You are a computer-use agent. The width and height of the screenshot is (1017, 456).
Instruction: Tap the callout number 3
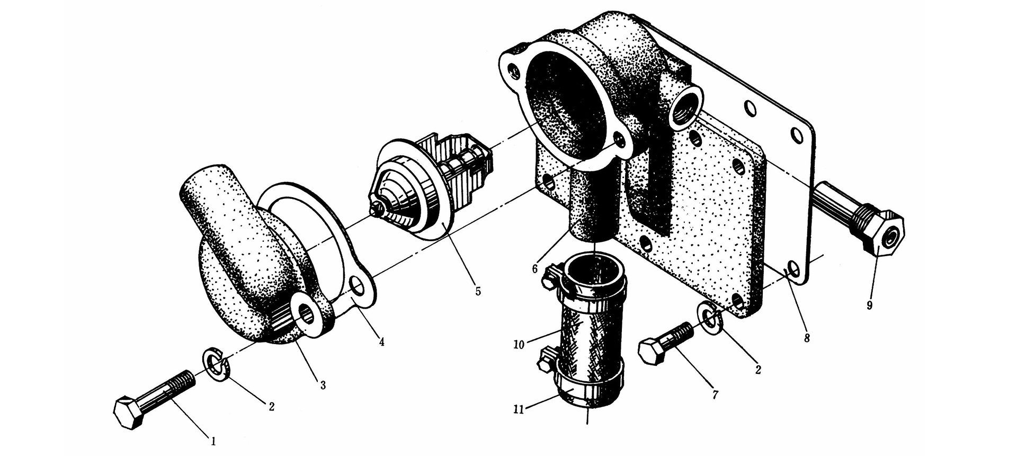tap(323, 385)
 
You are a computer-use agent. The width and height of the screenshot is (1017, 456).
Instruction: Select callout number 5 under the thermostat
tap(478, 291)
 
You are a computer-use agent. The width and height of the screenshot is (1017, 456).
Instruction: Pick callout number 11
tap(520, 409)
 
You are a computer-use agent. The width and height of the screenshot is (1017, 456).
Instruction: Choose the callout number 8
tap(806, 337)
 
